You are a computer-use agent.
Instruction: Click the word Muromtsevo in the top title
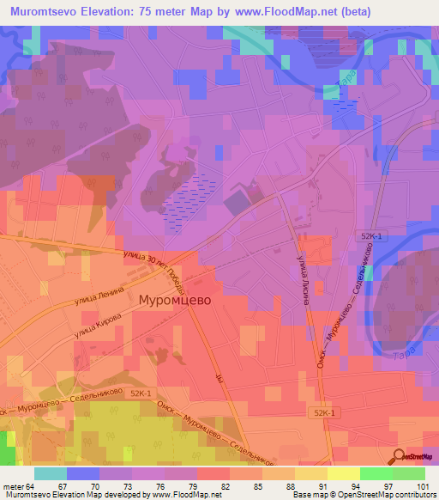click(x=50, y=11)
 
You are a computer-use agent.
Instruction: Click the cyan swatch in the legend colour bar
click(x=51, y=473)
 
